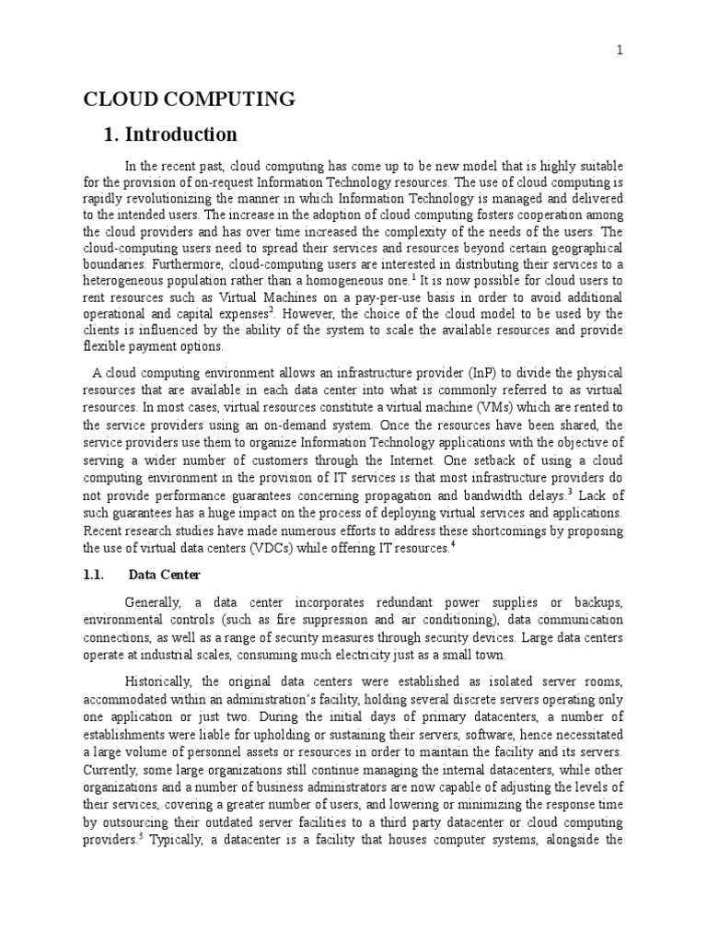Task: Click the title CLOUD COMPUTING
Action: coord(190,99)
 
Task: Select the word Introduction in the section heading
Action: coord(183,134)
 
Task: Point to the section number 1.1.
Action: coord(97,575)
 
